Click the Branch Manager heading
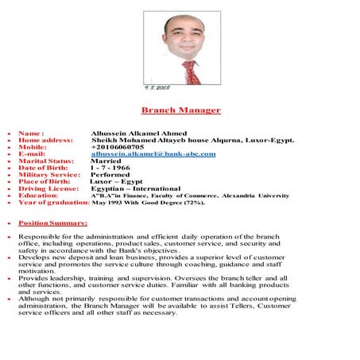click(x=180, y=110)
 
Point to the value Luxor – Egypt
click(x=110, y=181)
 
